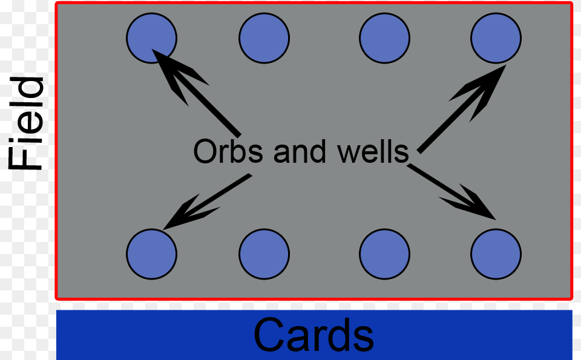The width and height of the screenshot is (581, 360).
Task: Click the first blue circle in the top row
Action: click(151, 38)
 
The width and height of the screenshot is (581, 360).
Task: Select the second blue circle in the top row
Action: click(264, 38)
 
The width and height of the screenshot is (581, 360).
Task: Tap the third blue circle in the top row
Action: click(384, 38)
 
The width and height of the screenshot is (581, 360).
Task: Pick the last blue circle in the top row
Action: click(496, 38)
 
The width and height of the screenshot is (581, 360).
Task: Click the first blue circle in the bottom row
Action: click(151, 254)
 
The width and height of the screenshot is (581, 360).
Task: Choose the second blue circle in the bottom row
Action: click(264, 254)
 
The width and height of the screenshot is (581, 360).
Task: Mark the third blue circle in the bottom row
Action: click(384, 254)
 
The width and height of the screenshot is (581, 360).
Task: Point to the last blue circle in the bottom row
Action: click(496, 254)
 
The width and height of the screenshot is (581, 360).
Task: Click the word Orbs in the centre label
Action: click(229, 151)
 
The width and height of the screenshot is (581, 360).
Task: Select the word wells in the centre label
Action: click(373, 151)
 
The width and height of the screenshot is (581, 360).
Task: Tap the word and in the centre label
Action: click(300, 151)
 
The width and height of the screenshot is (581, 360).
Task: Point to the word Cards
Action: click(313, 335)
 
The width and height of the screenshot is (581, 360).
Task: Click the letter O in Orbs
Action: click(205, 151)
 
